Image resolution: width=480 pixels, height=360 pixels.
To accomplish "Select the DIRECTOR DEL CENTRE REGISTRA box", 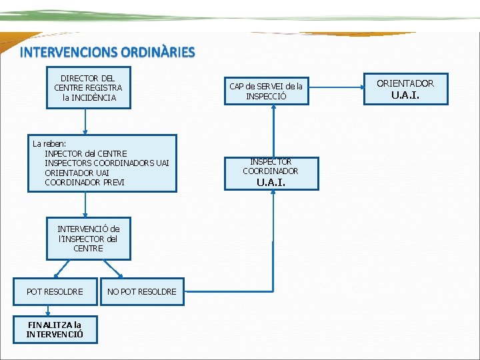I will coord(88,88).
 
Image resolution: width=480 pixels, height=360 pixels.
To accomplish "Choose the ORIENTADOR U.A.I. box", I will coord(405,89).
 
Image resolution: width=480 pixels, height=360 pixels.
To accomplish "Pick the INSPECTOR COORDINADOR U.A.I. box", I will coord(271,173).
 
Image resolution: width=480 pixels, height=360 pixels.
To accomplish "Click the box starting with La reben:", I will coord(102,163).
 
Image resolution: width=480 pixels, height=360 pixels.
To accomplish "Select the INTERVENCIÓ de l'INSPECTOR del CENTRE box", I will coord(88,239).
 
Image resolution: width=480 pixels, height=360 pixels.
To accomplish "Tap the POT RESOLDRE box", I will coord(55,291).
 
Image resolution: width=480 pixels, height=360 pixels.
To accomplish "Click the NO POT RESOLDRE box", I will coord(142,291).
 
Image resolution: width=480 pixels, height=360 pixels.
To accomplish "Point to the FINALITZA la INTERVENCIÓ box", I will coord(55,329).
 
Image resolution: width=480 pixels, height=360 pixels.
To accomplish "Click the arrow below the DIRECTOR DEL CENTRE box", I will coord(85,121).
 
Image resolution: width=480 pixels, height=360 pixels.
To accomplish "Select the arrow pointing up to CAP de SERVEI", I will coord(274,131).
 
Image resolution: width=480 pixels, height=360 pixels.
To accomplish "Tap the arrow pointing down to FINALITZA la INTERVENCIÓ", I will coord(48,309).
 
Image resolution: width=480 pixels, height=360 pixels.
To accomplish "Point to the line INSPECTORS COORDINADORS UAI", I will coord(107,163).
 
